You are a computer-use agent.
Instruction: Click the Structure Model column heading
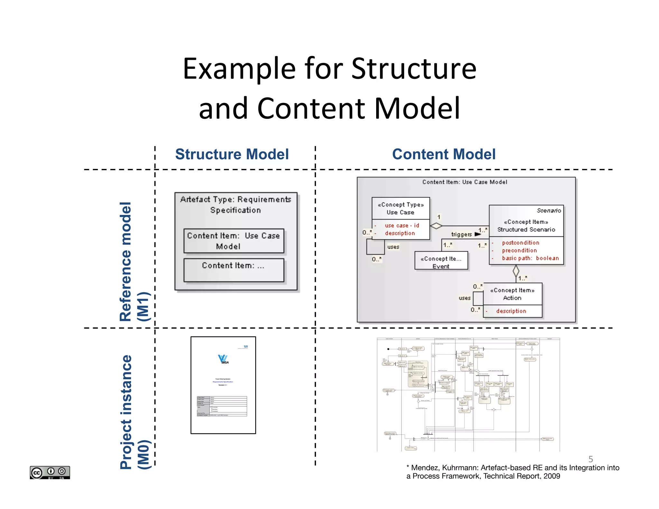click(232, 154)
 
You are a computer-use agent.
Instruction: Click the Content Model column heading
click(444, 154)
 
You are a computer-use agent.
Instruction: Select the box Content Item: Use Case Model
click(234, 241)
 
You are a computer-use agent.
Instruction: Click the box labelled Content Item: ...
click(234, 270)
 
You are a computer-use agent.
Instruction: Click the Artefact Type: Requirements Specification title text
click(236, 205)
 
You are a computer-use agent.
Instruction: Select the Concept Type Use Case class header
click(401, 208)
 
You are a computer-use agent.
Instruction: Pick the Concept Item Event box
click(441, 262)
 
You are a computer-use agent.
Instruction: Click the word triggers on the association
click(461, 235)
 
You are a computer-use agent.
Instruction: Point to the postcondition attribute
click(520, 243)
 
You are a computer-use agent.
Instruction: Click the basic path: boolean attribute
click(530, 258)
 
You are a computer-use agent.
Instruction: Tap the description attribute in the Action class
click(511, 311)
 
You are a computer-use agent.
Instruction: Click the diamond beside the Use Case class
click(436, 226)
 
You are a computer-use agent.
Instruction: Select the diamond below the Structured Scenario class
click(516, 271)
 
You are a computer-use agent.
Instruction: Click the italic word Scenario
click(549, 210)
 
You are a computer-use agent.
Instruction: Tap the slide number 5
click(590, 459)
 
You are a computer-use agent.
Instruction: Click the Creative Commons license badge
click(50, 472)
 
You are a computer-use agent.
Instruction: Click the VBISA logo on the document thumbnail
click(223, 359)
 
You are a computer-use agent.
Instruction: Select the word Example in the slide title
click(239, 69)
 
